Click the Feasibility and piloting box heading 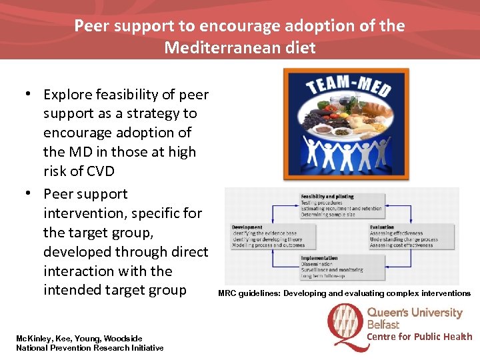[327, 197]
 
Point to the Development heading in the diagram [247, 227]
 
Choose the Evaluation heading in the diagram [383, 227]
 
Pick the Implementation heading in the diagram [319, 258]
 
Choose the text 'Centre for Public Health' [419, 337]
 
